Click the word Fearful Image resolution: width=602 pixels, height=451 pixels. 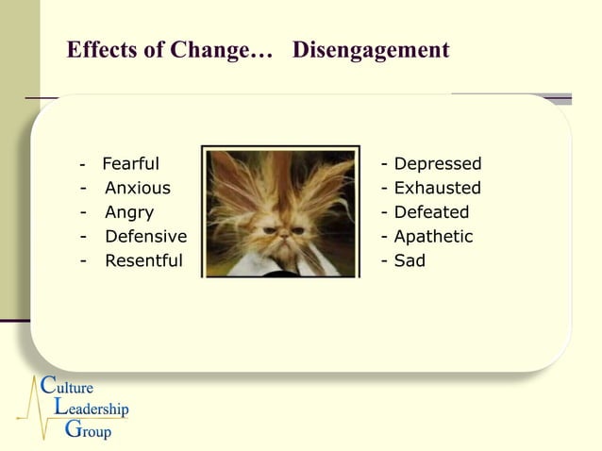(x=130, y=164)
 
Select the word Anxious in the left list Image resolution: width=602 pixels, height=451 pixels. (x=138, y=189)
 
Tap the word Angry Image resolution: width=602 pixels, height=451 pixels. (x=129, y=213)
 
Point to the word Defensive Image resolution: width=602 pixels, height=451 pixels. (x=145, y=237)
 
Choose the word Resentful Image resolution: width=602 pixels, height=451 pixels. (x=143, y=261)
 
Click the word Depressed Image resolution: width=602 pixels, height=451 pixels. (x=438, y=164)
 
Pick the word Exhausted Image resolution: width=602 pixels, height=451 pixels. (x=438, y=189)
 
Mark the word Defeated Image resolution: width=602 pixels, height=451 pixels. (x=431, y=213)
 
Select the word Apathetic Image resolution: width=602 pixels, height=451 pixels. (x=433, y=237)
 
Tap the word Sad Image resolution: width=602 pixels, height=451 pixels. (x=410, y=261)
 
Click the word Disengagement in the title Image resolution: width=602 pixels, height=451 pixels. (x=371, y=51)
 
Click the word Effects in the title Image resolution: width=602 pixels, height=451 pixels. (x=101, y=51)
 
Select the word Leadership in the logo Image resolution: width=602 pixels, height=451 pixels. (x=91, y=409)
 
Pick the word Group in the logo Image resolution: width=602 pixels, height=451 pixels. (x=87, y=432)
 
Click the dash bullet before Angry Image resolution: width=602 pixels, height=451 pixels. (x=84, y=213)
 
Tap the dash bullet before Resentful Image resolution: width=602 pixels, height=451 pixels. (x=84, y=261)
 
